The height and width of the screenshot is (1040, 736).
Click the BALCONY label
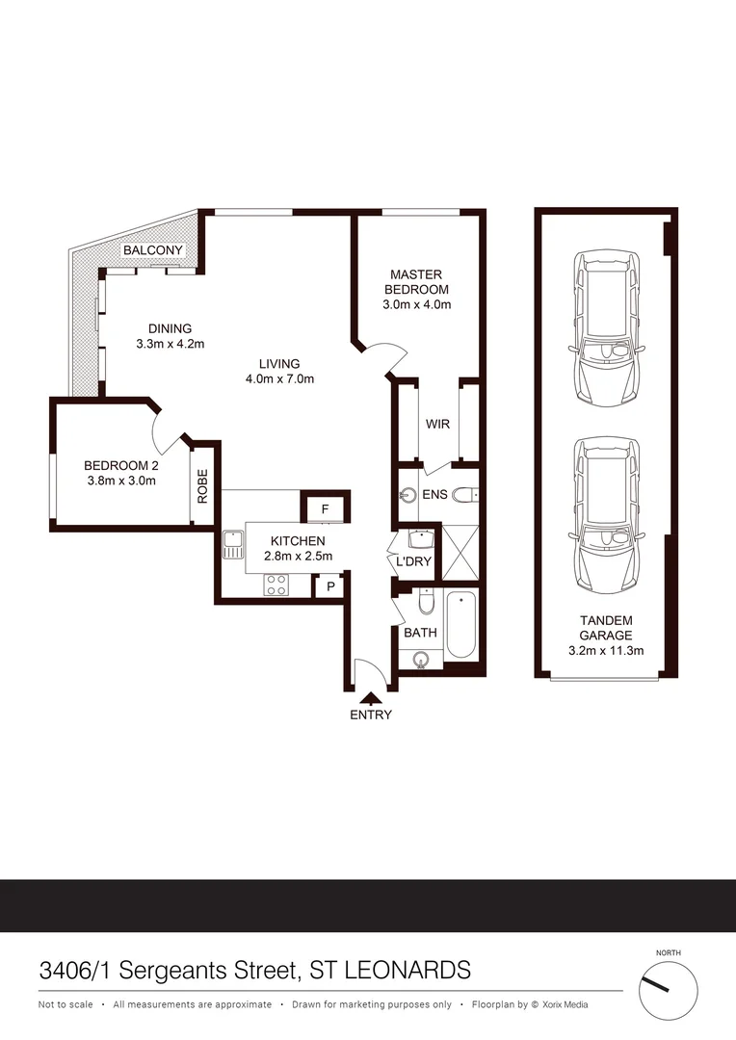click(x=152, y=250)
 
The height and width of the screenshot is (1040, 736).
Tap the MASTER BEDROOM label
click(x=416, y=282)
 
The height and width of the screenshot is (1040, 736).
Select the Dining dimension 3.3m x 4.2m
click(x=171, y=343)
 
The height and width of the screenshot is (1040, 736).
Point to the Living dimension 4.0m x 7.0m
click(x=279, y=378)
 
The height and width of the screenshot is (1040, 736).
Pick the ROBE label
click(x=202, y=485)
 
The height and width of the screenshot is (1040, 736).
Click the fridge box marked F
click(x=325, y=507)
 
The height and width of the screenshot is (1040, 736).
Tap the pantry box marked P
click(x=329, y=585)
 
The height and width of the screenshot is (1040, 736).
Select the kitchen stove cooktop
click(x=277, y=584)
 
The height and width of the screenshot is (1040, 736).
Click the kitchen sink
click(x=232, y=548)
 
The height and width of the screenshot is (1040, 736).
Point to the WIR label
click(x=438, y=425)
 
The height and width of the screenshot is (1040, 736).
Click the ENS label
click(x=434, y=496)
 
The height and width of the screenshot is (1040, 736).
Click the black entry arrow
click(x=370, y=697)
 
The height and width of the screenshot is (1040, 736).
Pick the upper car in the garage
click(x=606, y=327)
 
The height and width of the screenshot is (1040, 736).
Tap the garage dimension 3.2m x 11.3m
click(x=606, y=650)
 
